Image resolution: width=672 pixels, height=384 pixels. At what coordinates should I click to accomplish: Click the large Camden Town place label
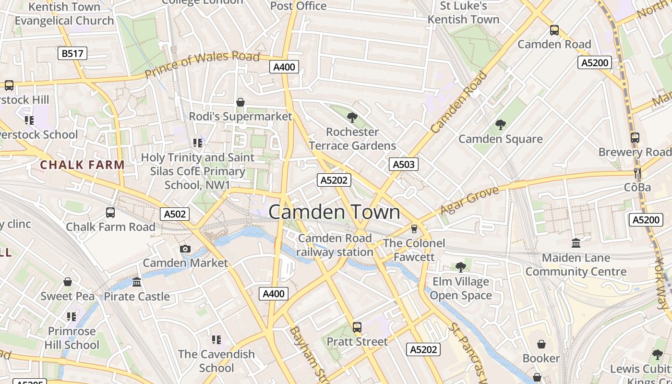click(x=334, y=212)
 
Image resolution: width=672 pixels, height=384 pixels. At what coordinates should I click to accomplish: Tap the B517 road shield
click(x=72, y=53)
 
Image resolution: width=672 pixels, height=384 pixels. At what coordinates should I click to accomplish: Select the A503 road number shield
click(x=403, y=164)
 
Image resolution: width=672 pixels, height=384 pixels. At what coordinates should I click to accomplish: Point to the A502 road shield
click(x=175, y=214)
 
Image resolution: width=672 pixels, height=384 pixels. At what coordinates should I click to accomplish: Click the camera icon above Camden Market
click(x=185, y=249)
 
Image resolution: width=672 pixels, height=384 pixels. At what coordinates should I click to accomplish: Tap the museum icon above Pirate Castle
click(x=137, y=282)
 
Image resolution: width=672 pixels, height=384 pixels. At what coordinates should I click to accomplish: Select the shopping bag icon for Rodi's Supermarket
click(x=240, y=102)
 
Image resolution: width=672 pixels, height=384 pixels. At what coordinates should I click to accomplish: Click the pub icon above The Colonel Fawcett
click(x=414, y=228)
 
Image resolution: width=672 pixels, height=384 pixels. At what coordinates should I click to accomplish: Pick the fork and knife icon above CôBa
click(x=637, y=173)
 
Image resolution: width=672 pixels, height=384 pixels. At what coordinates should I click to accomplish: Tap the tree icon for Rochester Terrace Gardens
click(x=352, y=117)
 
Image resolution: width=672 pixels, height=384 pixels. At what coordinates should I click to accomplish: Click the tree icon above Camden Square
click(x=501, y=125)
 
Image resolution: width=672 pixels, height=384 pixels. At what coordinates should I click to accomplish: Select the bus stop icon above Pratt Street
click(x=357, y=327)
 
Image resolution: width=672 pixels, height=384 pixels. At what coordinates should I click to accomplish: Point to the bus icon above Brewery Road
click(x=635, y=138)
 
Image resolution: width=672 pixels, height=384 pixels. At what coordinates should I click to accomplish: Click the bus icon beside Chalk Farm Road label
click(x=110, y=212)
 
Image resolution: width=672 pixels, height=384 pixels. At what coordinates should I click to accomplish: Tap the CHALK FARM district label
click(x=82, y=165)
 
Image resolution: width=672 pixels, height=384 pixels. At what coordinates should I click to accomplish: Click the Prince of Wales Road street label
click(x=202, y=64)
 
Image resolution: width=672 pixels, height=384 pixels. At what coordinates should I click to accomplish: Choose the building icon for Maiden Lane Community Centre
click(x=576, y=243)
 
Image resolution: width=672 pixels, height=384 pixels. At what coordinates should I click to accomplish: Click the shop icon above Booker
click(x=541, y=344)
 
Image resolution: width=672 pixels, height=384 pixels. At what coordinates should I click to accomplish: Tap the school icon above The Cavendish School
click(x=216, y=340)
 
